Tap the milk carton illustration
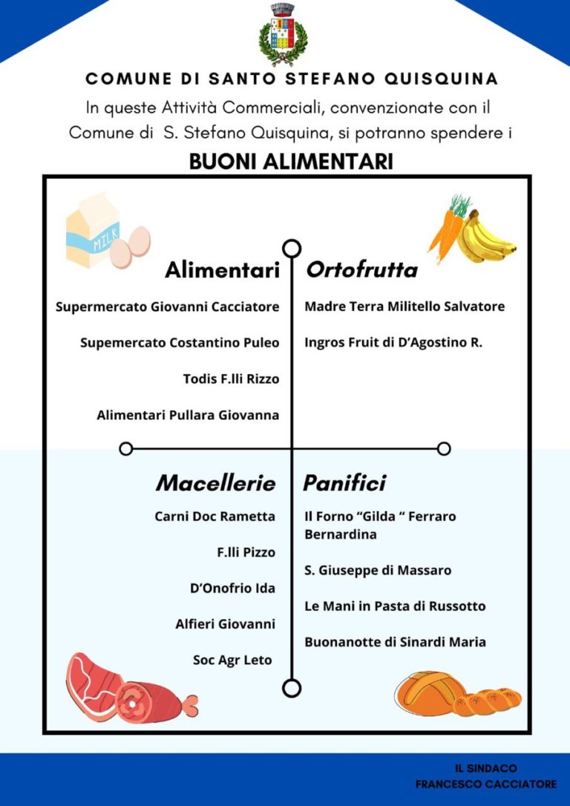point(94,231)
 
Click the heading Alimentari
point(222,270)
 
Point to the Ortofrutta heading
point(361,270)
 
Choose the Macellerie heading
point(215,484)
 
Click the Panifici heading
point(344,484)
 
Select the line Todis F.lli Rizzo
point(231,379)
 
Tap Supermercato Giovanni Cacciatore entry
point(168,307)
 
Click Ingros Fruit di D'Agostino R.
point(393,343)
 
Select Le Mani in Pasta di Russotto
point(395,606)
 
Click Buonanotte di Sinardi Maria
point(395,642)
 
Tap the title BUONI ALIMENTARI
point(291,162)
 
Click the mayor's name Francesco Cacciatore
point(485,784)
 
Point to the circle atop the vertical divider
point(292,248)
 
